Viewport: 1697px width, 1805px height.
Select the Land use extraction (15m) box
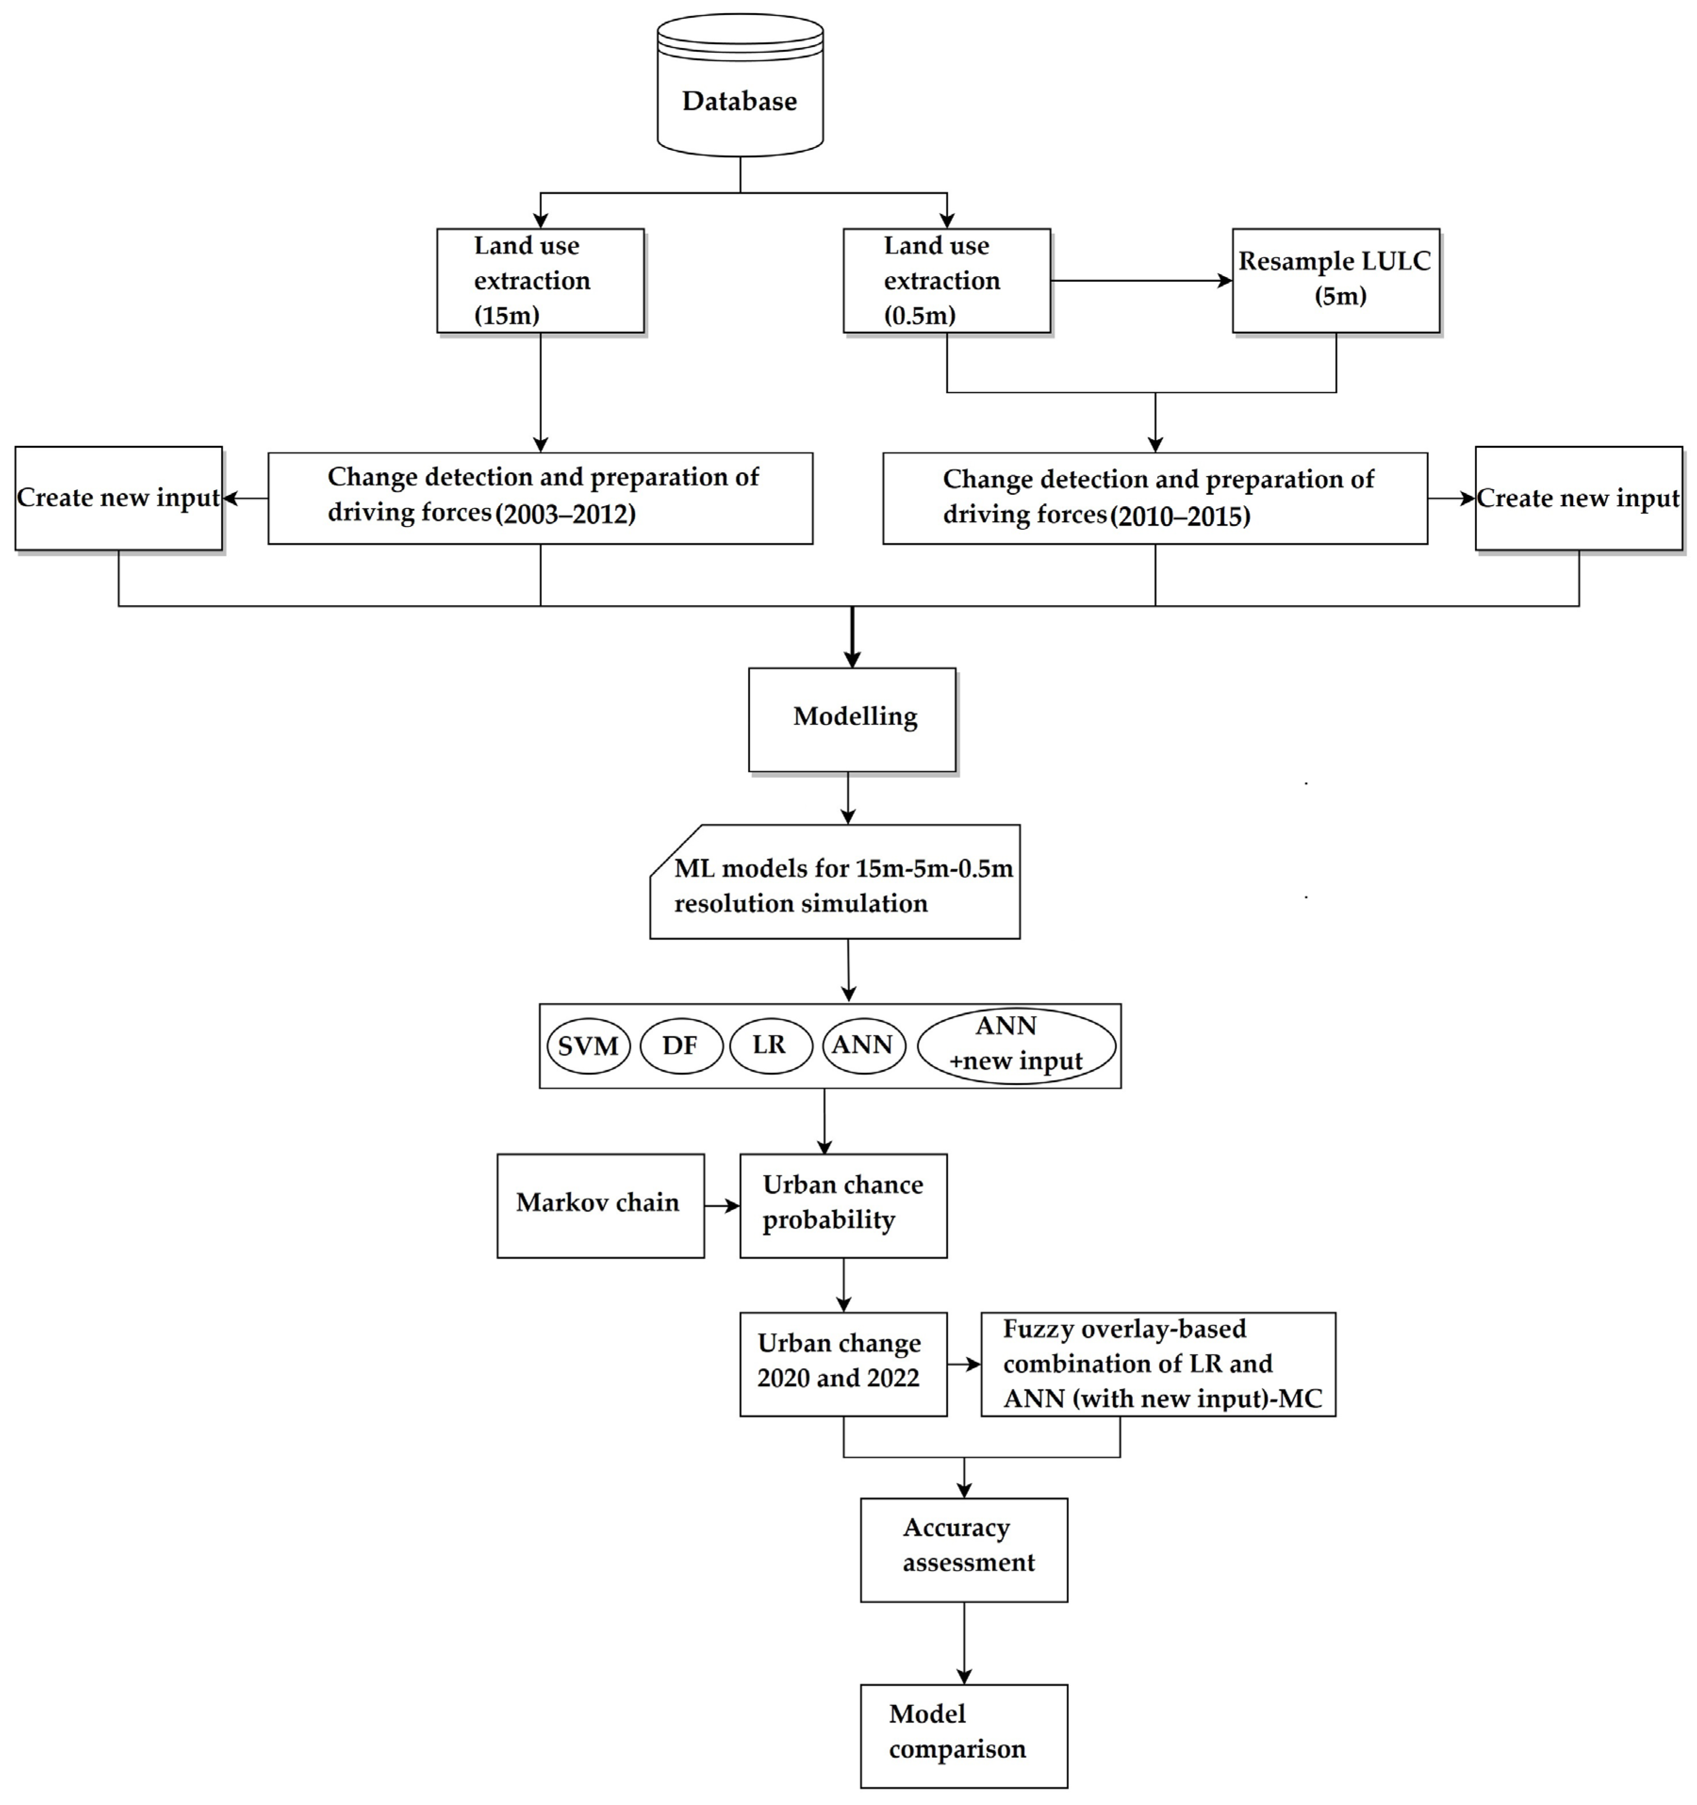pyautogui.click(x=540, y=280)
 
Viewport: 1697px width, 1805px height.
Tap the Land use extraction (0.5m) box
pyautogui.click(x=946, y=280)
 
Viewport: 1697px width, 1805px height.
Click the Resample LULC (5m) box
pyautogui.click(x=1335, y=280)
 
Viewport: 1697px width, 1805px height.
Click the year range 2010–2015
pyautogui.click(x=1180, y=517)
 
